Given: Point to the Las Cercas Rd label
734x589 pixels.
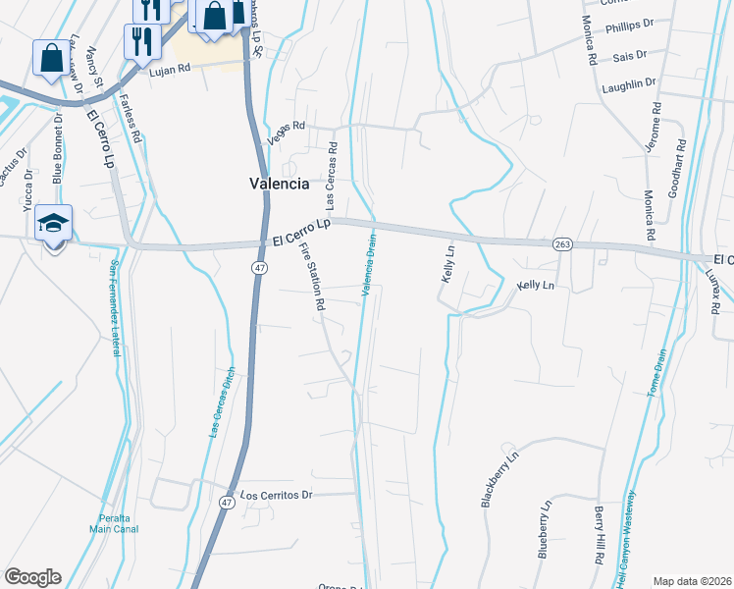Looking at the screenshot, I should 333,177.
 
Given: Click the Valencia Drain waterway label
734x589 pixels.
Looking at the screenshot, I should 370,264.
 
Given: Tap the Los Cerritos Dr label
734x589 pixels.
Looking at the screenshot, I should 276,495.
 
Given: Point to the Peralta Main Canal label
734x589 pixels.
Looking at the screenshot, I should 114,523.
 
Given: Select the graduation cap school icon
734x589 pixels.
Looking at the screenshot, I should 52,224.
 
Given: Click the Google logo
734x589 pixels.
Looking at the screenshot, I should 32,577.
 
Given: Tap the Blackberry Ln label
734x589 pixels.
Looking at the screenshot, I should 498,478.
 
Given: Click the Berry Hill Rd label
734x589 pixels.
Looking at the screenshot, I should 599,535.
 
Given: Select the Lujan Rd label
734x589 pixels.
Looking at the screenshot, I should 169,71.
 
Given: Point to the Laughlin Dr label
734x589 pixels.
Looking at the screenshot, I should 629,85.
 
